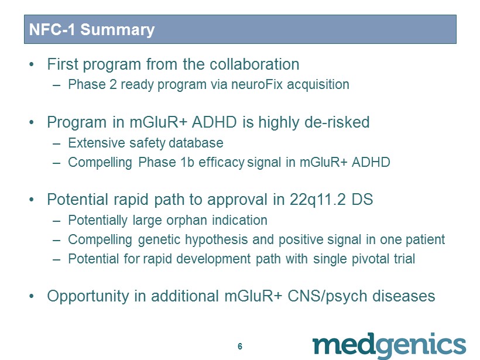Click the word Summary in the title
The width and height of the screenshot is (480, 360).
point(117,30)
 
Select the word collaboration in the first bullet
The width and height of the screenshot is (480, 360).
point(255,64)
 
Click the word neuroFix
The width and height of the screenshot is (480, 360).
point(257,84)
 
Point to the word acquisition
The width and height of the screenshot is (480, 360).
point(318,85)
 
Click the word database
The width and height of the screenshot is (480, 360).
point(196,143)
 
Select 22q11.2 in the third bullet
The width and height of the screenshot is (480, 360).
point(318,200)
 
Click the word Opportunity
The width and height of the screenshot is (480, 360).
point(88,296)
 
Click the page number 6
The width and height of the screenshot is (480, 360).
point(240,346)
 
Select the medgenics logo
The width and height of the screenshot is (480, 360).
point(389,345)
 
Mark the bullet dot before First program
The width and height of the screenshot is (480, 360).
point(32,64)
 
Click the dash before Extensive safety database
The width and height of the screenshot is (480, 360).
point(56,143)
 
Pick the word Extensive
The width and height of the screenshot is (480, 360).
point(97,143)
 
